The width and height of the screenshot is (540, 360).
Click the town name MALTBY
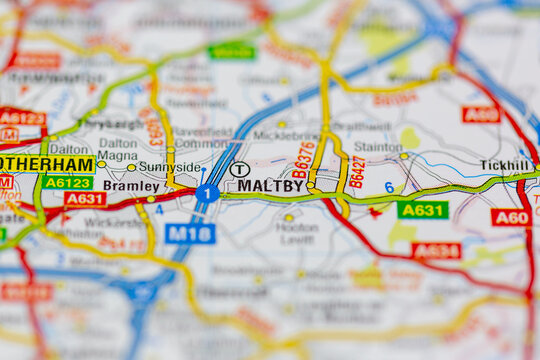[270, 185]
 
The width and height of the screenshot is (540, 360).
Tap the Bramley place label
[131, 186]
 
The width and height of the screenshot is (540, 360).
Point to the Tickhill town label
[505, 165]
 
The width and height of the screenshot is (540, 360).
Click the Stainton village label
[377, 146]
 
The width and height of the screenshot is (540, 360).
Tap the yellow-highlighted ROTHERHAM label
[46, 164]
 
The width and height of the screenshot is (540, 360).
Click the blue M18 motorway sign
[190, 233]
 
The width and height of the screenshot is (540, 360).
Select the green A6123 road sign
[67, 182]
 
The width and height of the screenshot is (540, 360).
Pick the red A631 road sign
[84, 199]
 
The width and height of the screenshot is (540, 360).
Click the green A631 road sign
[422, 209]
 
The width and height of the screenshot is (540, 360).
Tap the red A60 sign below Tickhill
[510, 217]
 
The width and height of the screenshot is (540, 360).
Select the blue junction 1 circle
[207, 193]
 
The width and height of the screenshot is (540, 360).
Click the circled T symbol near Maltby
[239, 169]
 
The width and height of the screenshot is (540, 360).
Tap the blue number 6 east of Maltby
[389, 187]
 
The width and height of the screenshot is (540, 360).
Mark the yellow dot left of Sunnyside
[131, 167]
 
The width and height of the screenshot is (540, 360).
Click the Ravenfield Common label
[203, 137]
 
